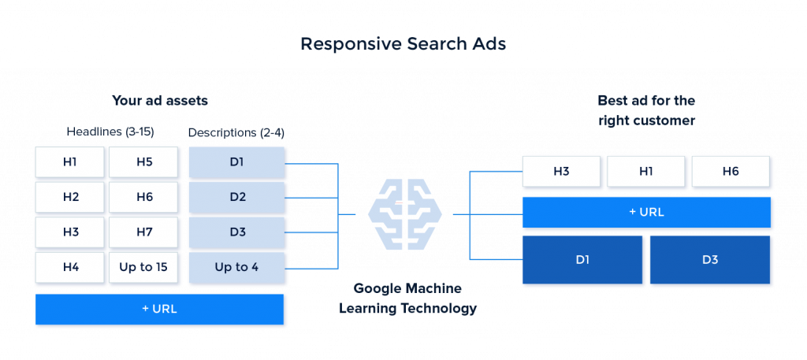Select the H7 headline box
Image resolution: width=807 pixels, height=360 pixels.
(x=143, y=232)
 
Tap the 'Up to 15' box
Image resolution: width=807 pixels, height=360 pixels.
(x=143, y=267)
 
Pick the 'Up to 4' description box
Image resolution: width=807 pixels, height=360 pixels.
(x=236, y=267)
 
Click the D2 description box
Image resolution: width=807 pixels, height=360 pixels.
(x=236, y=197)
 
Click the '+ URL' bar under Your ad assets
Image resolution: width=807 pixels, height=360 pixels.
(x=159, y=309)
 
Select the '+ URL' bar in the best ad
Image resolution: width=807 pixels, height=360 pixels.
(x=647, y=212)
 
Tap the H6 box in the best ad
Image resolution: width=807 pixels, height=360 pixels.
(x=730, y=171)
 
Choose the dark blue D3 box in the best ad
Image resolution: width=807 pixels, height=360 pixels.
(x=710, y=259)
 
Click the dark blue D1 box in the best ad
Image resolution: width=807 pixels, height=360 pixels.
(x=582, y=259)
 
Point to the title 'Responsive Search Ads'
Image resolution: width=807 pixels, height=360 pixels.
(x=403, y=45)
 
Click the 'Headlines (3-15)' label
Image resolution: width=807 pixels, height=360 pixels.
(x=106, y=133)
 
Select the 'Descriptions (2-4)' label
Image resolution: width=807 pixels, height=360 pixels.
(x=236, y=133)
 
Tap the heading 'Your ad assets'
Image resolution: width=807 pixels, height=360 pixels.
(x=159, y=101)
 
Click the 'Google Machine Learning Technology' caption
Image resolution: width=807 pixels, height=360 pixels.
(x=407, y=299)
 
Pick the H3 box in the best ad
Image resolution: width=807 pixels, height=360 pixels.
(x=561, y=171)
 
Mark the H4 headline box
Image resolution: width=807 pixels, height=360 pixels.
(x=70, y=267)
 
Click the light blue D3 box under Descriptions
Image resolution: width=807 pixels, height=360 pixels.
(x=236, y=232)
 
